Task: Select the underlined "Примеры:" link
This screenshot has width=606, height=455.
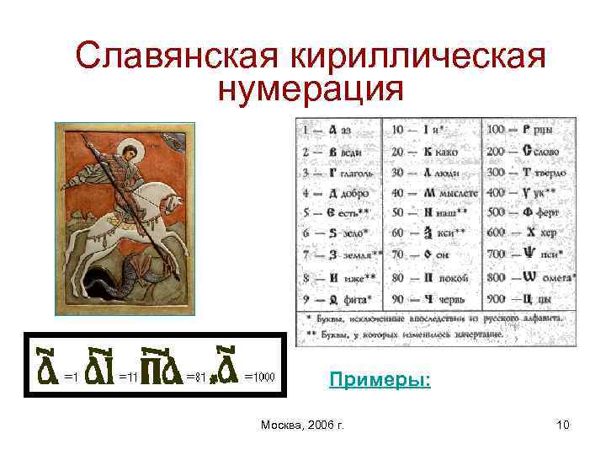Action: point(380,380)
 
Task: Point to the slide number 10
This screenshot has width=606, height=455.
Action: point(562,425)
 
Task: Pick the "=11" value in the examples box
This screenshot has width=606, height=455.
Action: point(128,377)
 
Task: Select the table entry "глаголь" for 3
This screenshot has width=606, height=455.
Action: point(355,173)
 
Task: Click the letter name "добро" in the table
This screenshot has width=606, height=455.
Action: point(354,194)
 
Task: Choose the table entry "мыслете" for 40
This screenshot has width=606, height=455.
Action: point(458,194)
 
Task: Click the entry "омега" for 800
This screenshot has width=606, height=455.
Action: point(558,278)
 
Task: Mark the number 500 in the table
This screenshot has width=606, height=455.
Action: point(496,215)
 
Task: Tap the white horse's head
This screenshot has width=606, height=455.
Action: point(172,202)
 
